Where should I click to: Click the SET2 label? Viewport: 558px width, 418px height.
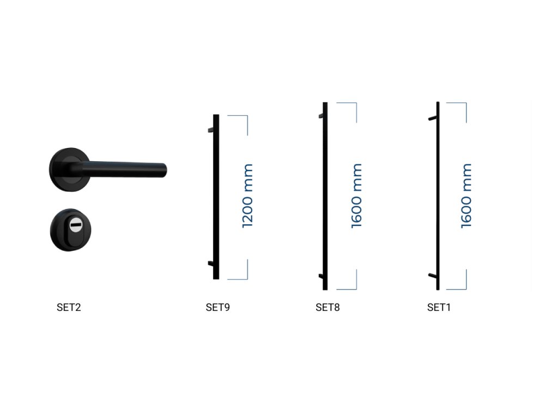click(x=69, y=307)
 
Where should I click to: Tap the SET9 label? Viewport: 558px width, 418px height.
click(x=218, y=307)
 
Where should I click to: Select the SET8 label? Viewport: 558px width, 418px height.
click(x=327, y=307)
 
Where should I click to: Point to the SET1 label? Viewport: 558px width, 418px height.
click(x=439, y=307)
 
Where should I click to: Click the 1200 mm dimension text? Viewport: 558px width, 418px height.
click(x=247, y=196)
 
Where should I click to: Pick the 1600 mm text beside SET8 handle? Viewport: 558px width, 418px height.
click(x=356, y=196)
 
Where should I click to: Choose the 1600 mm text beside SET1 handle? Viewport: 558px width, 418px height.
click(x=466, y=196)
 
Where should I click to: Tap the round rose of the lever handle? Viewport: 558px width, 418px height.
click(x=68, y=170)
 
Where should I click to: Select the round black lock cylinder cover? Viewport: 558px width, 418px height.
click(x=70, y=230)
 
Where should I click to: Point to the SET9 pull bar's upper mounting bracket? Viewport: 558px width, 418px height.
click(x=211, y=130)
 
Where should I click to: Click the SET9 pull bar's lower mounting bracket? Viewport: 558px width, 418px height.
click(x=211, y=263)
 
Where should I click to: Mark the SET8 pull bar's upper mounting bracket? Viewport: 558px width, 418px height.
click(x=322, y=115)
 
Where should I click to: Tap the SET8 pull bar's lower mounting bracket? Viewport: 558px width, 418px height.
click(x=322, y=276)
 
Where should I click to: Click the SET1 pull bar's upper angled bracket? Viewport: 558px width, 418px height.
click(x=432, y=118)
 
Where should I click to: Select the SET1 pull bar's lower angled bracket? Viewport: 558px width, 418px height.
click(x=432, y=275)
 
